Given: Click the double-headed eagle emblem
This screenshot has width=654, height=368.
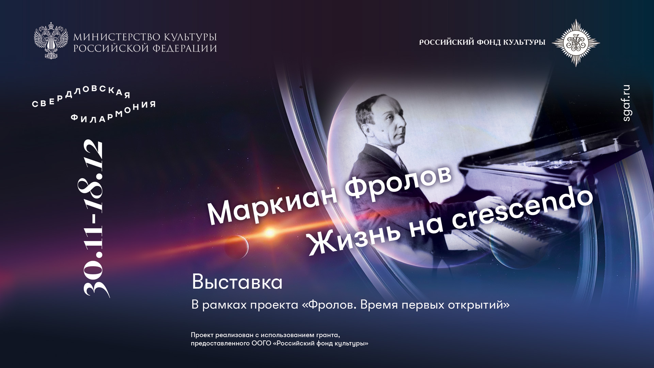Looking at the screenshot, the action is click(x=51, y=41).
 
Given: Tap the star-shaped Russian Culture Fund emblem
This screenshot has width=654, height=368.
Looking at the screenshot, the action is click(x=576, y=43).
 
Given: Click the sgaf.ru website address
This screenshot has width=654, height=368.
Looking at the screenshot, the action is click(x=626, y=103).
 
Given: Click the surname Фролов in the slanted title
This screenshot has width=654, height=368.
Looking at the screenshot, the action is click(x=398, y=181).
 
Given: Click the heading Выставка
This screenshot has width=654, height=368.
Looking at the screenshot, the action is click(x=237, y=282).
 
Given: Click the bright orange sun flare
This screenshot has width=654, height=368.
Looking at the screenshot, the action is click(x=270, y=233).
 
